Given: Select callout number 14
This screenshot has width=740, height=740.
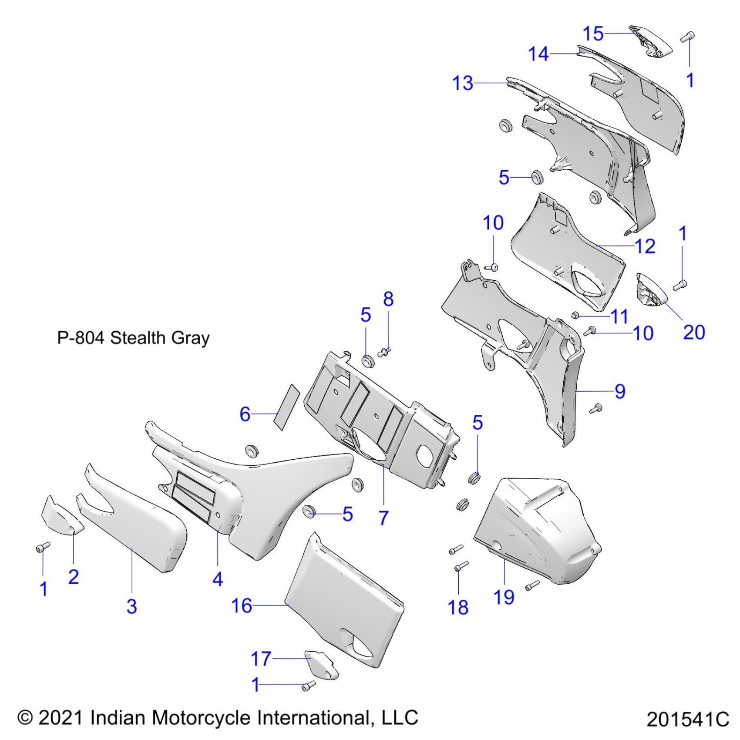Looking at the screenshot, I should point(538,54).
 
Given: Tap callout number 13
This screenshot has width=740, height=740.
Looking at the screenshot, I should point(463,83).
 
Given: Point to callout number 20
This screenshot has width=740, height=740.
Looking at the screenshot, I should point(694,332).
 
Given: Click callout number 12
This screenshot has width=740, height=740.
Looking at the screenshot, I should point(645,246).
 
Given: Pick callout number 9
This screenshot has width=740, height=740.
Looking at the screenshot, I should point(620,391).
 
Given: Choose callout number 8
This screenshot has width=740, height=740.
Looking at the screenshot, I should point(388,299).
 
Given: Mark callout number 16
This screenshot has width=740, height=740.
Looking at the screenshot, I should point(242,605).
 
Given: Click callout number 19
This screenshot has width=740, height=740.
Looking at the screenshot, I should point(504,597).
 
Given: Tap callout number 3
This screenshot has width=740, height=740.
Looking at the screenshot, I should point(131,606).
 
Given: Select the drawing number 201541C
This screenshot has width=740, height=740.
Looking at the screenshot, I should point(687,720).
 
